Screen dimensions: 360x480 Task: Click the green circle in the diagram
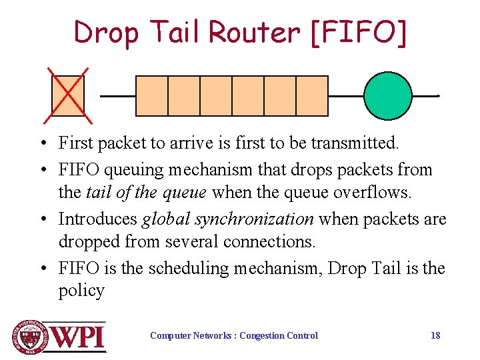coord(388,95)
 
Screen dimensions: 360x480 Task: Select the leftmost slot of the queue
coord(152,96)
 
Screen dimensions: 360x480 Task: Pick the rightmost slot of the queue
coord(312,96)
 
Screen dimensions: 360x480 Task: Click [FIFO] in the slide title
coord(357,32)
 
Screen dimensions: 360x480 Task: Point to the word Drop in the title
coord(107,32)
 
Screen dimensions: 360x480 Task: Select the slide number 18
coord(435,335)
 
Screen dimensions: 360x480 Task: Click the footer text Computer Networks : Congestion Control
coord(234,335)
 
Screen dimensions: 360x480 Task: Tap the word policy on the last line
coord(81,291)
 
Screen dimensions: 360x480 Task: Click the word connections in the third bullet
coord(251,241)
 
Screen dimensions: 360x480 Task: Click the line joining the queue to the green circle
coord(346,95)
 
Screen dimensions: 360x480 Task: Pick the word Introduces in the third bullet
coord(97,219)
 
